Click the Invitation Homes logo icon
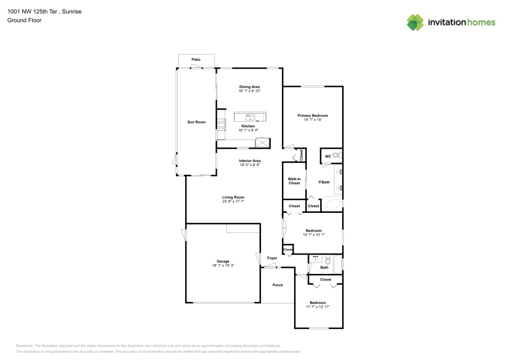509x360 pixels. point(415,22)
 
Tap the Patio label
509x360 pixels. point(196,60)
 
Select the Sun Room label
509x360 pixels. point(196,122)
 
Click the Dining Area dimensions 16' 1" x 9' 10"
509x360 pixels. point(249,91)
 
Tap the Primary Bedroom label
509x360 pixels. point(313,116)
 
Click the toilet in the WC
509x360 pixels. point(341,155)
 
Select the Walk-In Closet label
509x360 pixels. point(294,181)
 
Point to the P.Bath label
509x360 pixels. point(324,182)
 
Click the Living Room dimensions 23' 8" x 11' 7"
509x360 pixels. point(233,202)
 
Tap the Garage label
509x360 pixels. point(223,261)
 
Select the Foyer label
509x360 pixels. point(272,258)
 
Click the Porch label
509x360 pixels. point(278,285)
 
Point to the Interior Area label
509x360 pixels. point(250,160)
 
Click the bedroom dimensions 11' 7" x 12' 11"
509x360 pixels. point(318,307)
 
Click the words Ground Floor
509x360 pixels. point(24,20)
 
